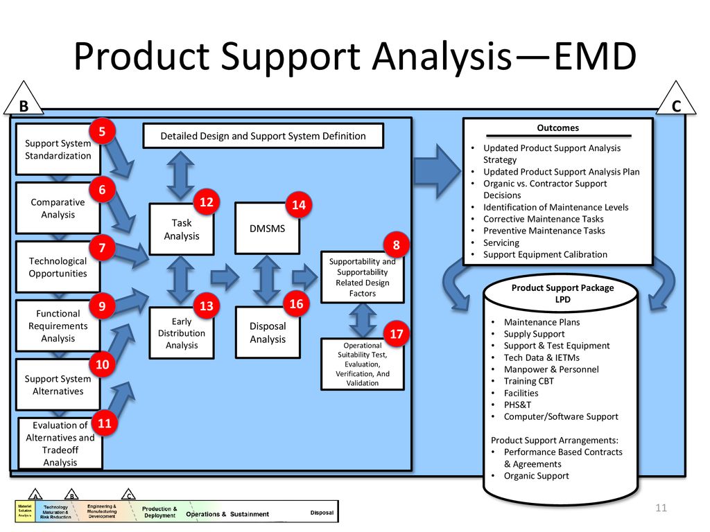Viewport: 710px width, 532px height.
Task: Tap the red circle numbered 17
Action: coord(397,335)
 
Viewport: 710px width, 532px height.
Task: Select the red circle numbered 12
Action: coord(207,202)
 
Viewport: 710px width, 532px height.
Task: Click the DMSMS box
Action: coord(268,228)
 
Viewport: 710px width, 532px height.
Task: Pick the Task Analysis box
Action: coord(182,229)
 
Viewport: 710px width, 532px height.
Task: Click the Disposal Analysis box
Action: coord(268,332)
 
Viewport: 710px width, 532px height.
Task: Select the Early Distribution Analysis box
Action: coord(182,333)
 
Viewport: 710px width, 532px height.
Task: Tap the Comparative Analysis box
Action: coord(58,209)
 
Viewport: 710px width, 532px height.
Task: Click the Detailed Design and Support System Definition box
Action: coord(263,136)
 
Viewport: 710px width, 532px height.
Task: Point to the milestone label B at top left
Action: coord(23,107)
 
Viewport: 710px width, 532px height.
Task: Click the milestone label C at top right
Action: coord(677,106)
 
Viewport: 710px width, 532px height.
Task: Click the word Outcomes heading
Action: coord(557,128)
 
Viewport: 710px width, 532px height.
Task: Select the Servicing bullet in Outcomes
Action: coord(501,242)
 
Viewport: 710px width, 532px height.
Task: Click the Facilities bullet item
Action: coord(521,393)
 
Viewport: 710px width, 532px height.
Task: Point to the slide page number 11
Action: coord(660,509)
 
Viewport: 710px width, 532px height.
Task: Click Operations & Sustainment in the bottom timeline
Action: coord(228,514)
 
